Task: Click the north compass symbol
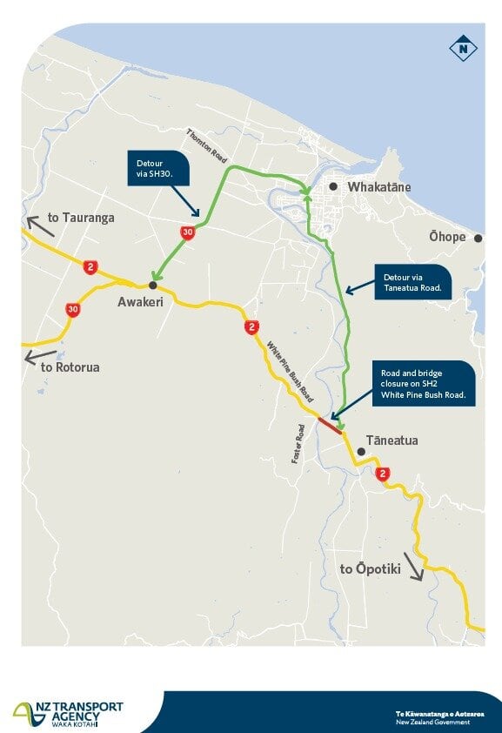(463, 49)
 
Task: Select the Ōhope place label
(447, 237)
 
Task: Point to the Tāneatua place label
(392, 440)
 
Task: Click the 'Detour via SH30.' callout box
(158, 168)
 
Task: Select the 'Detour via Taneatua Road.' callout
(412, 282)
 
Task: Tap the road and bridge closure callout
(423, 383)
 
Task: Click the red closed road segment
(330, 425)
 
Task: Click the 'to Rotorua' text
(70, 366)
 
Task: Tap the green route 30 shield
(187, 232)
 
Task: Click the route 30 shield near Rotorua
(73, 309)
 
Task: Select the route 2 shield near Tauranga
(90, 266)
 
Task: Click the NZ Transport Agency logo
(68, 712)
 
